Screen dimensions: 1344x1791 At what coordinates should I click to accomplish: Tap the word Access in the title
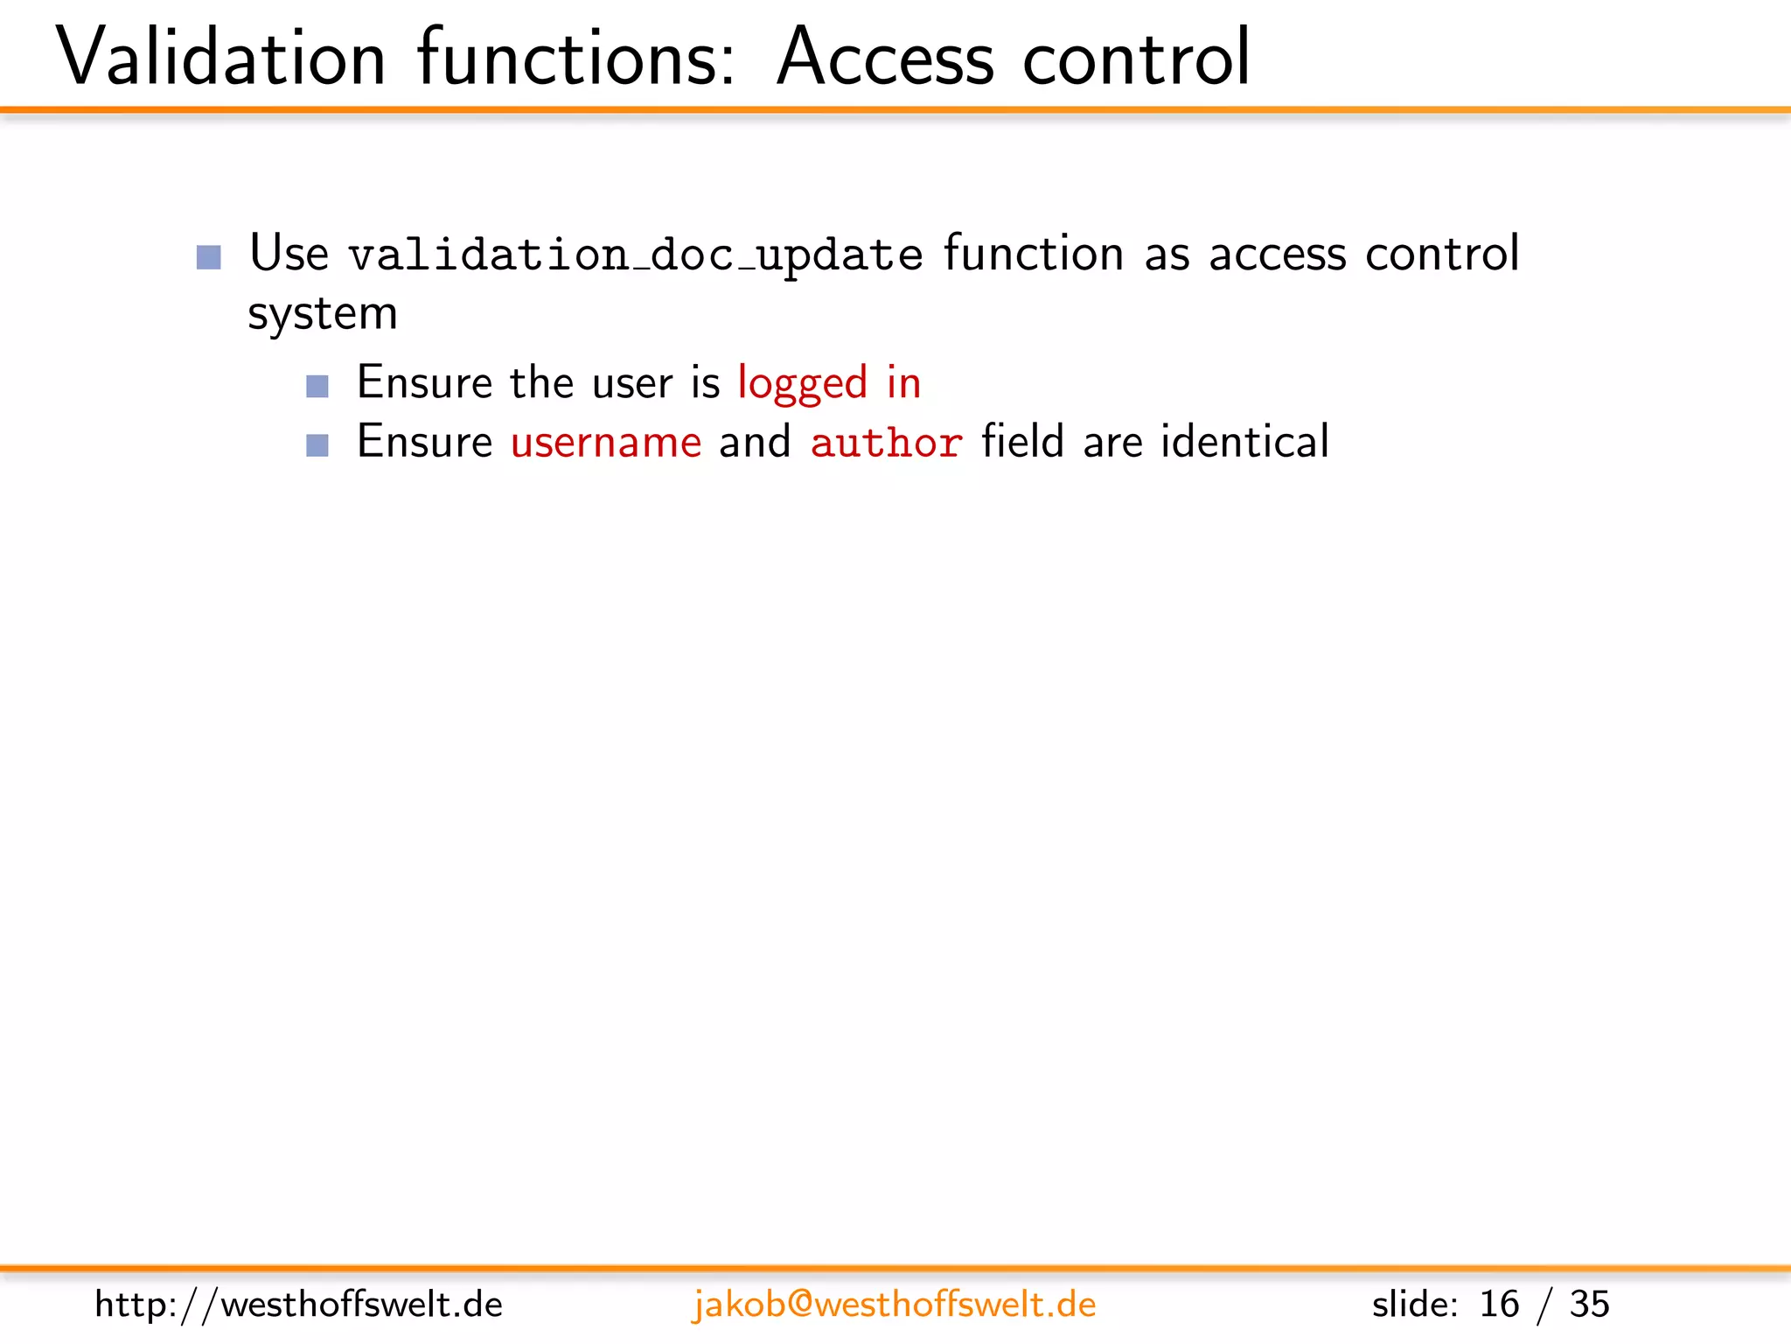coord(885,58)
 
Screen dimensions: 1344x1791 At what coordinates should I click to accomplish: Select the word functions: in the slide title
coord(576,58)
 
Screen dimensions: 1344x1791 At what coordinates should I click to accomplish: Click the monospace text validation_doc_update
coord(636,255)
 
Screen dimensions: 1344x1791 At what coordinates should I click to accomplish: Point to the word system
coord(322,314)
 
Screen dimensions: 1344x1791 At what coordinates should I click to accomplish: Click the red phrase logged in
coord(829,383)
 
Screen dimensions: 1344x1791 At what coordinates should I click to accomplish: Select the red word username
coord(606,442)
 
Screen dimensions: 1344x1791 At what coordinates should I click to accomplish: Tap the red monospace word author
coord(886,442)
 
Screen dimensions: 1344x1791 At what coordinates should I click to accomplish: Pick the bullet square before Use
coord(209,257)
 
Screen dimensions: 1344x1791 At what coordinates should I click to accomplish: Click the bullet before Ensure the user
coord(317,386)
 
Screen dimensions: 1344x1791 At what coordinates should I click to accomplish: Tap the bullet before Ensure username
coord(317,445)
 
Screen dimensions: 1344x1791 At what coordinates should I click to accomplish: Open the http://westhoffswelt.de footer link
coord(298,1305)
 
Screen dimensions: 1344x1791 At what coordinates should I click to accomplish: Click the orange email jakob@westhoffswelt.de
coord(894,1305)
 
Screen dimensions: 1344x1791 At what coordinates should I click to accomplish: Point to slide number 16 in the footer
coord(1499,1305)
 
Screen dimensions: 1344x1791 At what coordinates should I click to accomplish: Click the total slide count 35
coord(1589,1305)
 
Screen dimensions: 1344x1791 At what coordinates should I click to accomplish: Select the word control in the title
coord(1136,58)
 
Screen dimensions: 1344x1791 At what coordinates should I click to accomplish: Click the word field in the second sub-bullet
coord(1022,441)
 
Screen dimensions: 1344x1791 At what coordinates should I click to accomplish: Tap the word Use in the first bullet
coord(289,254)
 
